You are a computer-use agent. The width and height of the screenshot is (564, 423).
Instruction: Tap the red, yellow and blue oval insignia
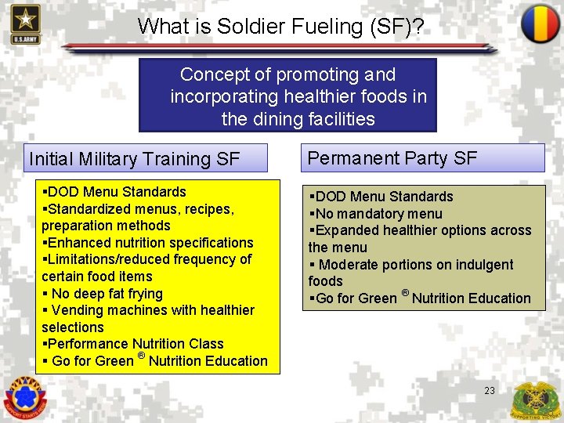coord(540,23)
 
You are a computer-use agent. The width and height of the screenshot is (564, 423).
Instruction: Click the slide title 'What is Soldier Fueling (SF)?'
coord(281,26)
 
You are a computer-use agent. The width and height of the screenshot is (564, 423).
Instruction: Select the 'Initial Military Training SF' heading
coord(135,159)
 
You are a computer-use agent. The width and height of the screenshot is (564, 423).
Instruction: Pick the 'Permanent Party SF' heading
coord(392,158)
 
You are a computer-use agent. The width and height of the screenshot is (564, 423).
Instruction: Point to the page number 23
coord(490,389)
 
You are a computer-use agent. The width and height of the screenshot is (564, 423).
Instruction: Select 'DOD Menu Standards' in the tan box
coord(384,197)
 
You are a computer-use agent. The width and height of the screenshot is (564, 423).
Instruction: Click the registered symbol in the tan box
coord(405,293)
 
